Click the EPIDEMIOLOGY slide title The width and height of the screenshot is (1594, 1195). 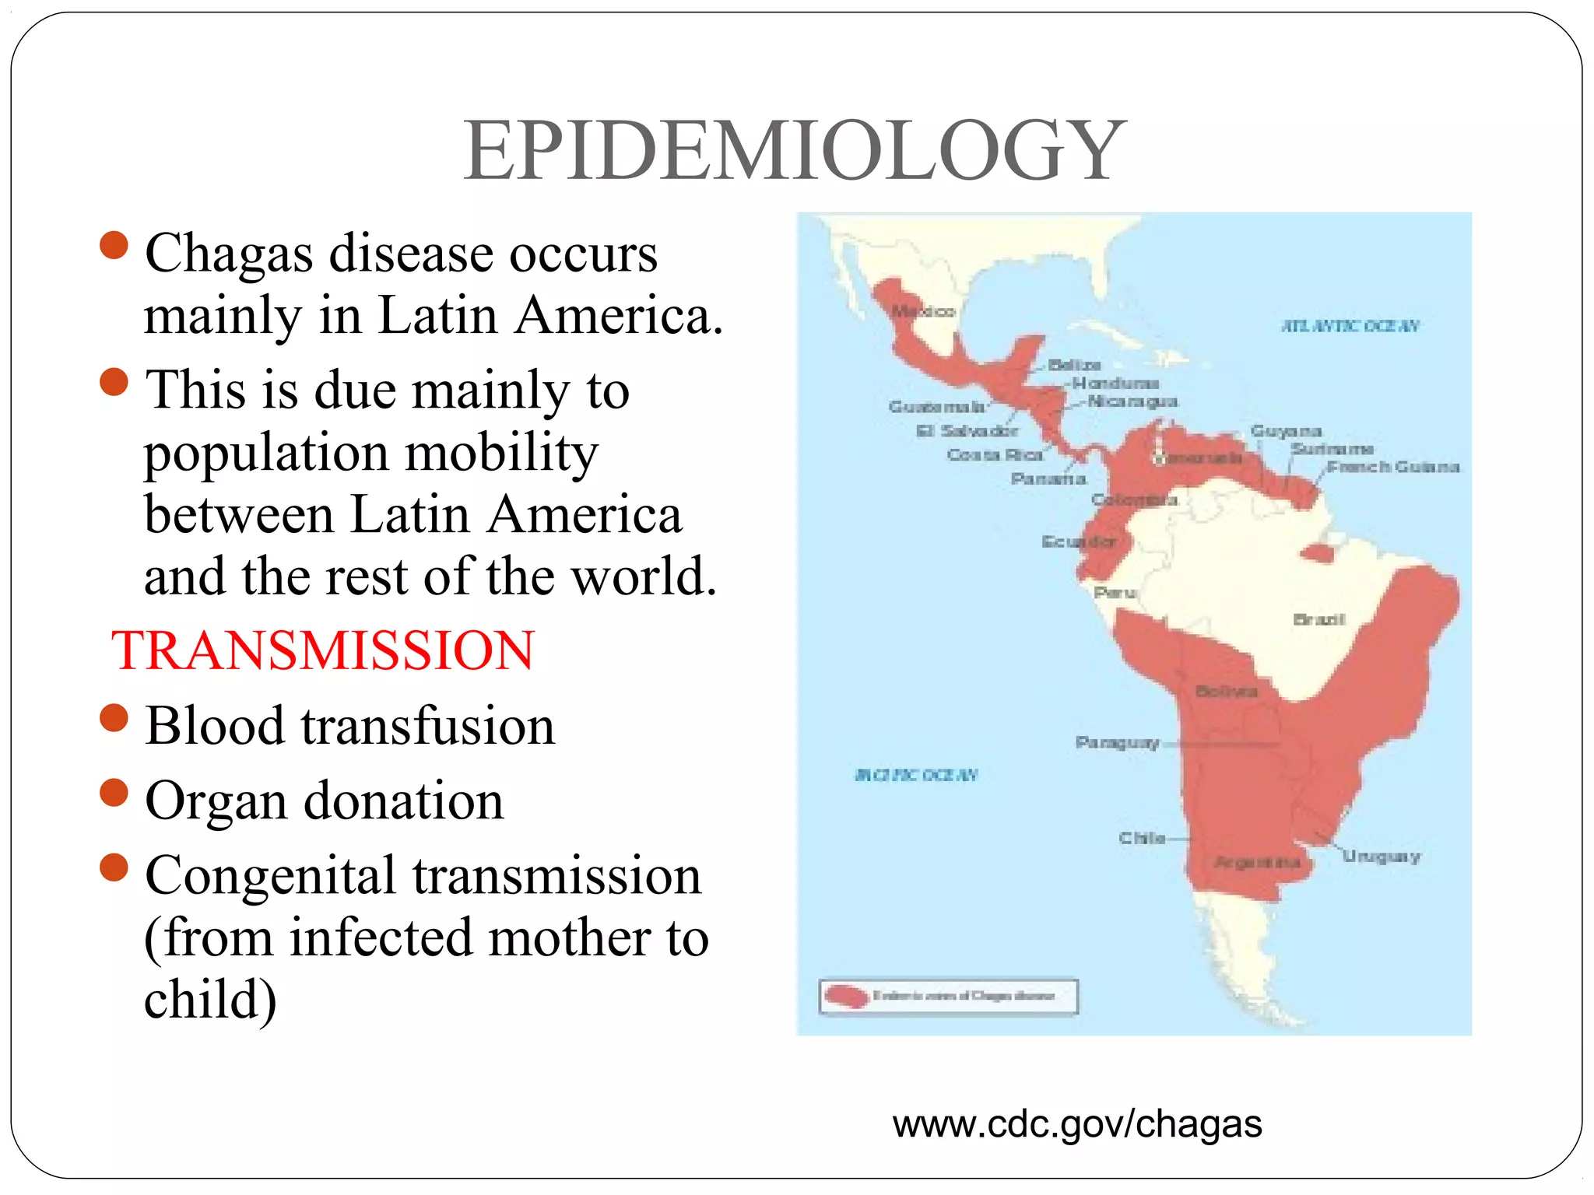tap(795, 151)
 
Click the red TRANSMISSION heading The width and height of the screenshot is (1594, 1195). tap(323, 650)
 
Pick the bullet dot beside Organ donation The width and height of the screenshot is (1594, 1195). tap(114, 793)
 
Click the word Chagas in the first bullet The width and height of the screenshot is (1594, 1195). tap(229, 254)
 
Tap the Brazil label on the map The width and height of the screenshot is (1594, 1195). tap(1318, 620)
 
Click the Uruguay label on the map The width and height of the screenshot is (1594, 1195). tap(1382, 857)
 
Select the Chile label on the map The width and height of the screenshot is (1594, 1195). tap(1142, 838)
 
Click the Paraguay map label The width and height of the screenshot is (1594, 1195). tap(1117, 742)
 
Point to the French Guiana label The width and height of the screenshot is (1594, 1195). tap(1393, 467)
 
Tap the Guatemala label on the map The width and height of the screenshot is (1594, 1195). tap(936, 407)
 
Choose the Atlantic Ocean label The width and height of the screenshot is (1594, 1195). tap(1350, 326)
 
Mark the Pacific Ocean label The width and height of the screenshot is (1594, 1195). tap(916, 775)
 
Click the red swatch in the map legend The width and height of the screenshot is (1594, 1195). tap(847, 997)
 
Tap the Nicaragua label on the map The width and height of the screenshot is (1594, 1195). tap(1132, 401)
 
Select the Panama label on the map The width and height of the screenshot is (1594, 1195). tap(1048, 478)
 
